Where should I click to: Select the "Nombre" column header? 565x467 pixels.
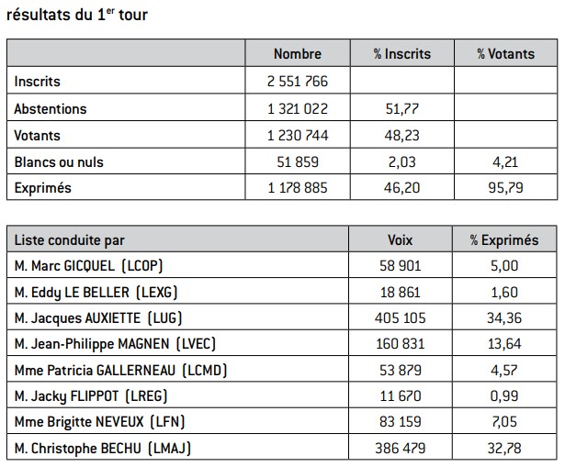[x=298, y=54]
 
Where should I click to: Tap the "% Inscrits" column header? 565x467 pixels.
[x=401, y=54]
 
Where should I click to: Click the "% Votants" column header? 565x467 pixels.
[x=505, y=54]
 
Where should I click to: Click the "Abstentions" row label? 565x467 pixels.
[x=51, y=108]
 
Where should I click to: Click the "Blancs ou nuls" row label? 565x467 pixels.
[x=59, y=161]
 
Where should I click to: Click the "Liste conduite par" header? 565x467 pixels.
[x=70, y=240]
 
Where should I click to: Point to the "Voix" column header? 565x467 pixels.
[x=401, y=240]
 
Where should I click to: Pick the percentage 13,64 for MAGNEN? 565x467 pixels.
[x=505, y=344]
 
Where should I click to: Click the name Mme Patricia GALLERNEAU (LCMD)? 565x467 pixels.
[x=120, y=371]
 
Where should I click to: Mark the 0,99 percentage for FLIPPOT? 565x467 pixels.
[x=505, y=396]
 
